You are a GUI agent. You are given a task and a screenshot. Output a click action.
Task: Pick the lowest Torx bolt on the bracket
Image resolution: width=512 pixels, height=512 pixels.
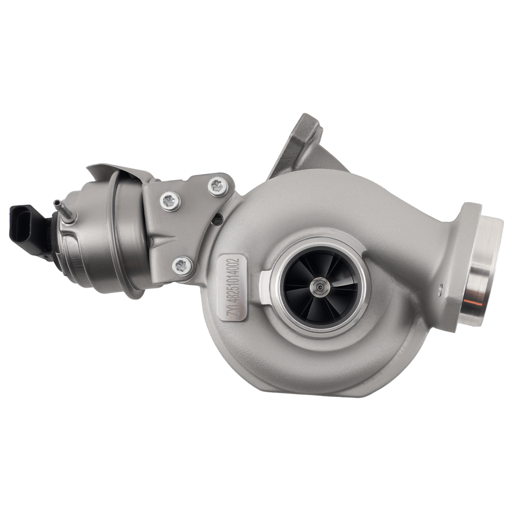pos(182,265)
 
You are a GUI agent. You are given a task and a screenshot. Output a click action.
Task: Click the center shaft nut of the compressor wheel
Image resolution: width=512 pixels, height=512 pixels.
pos(320,287)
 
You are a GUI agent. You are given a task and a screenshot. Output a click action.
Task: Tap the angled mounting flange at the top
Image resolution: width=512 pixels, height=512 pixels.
pos(302,143)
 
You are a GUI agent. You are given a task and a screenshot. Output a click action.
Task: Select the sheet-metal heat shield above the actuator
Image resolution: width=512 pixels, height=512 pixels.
pos(120,174)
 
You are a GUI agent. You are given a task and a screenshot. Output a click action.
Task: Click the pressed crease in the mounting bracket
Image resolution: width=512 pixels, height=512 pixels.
pos(164,241)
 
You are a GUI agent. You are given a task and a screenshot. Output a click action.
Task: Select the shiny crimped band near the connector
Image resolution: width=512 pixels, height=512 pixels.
pos(72,256)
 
